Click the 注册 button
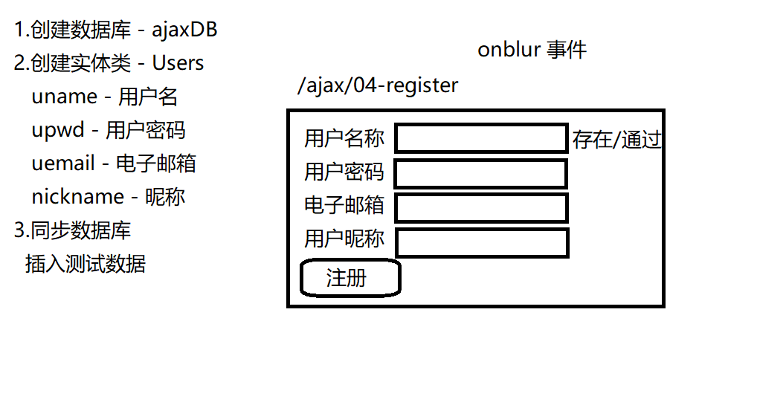click(x=350, y=279)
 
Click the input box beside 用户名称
click(x=481, y=138)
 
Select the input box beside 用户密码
click(x=481, y=174)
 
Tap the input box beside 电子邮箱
click(x=481, y=208)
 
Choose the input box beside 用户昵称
click(x=482, y=243)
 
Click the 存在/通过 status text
click(x=616, y=140)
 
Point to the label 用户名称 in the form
click(x=344, y=138)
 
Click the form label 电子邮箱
click(x=344, y=205)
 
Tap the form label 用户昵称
click(x=344, y=239)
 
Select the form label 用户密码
click(x=344, y=172)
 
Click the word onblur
click(x=509, y=50)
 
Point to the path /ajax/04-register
click(x=378, y=85)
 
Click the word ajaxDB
click(x=184, y=30)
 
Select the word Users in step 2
click(x=178, y=63)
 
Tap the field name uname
click(x=65, y=97)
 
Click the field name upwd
click(x=59, y=131)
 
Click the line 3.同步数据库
click(x=73, y=230)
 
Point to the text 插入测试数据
click(x=86, y=264)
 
